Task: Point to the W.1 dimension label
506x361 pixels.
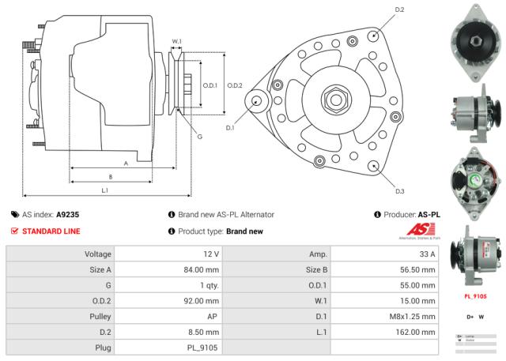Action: click(x=177, y=41)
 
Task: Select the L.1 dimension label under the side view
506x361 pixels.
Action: click(x=105, y=190)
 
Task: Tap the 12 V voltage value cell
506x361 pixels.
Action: click(x=210, y=254)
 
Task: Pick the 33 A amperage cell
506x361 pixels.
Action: click(x=425, y=254)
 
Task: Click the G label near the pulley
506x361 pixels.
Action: click(x=199, y=137)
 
